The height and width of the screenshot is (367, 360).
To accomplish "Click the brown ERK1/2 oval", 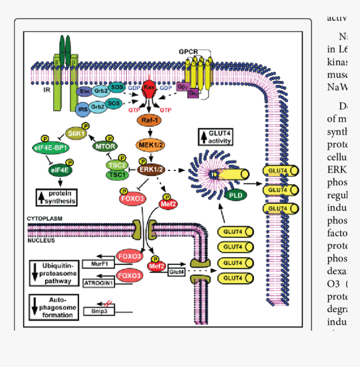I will tap(152, 169).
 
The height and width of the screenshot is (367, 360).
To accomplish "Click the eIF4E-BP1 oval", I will tap(51, 148).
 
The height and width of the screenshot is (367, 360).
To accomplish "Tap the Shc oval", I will tap(85, 91).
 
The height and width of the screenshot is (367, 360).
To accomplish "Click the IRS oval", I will tap(82, 110).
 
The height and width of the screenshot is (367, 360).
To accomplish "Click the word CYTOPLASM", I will tap(44, 219).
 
